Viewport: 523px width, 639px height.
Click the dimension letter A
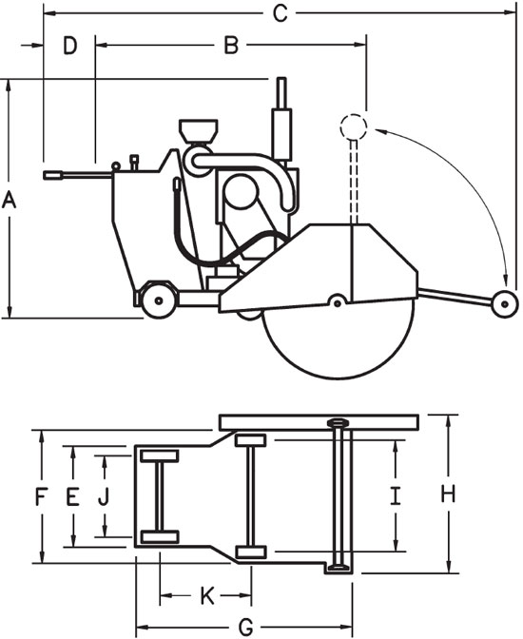pyautogui.click(x=10, y=200)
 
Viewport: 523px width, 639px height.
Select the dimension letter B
pyautogui.click(x=230, y=44)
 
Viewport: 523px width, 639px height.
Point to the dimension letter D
pyautogui.click(x=70, y=44)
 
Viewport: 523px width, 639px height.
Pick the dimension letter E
pyautogui.click(x=71, y=495)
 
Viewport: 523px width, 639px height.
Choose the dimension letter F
pyautogui.click(x=41, y=495)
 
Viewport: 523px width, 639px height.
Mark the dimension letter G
pyautogui.click(x=245, y=627)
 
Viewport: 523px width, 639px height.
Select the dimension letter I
pyautogui.click(x=396, y=495)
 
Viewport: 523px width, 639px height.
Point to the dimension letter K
pyautogui.click(x=206, y=596)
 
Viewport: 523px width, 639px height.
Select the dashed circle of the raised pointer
pyautogui.click(x=352, y=126)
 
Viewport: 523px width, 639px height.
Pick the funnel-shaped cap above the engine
pyautogui.click(x=197, y=130)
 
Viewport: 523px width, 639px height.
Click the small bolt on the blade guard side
pyautogui.click(x=336, y=302)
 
